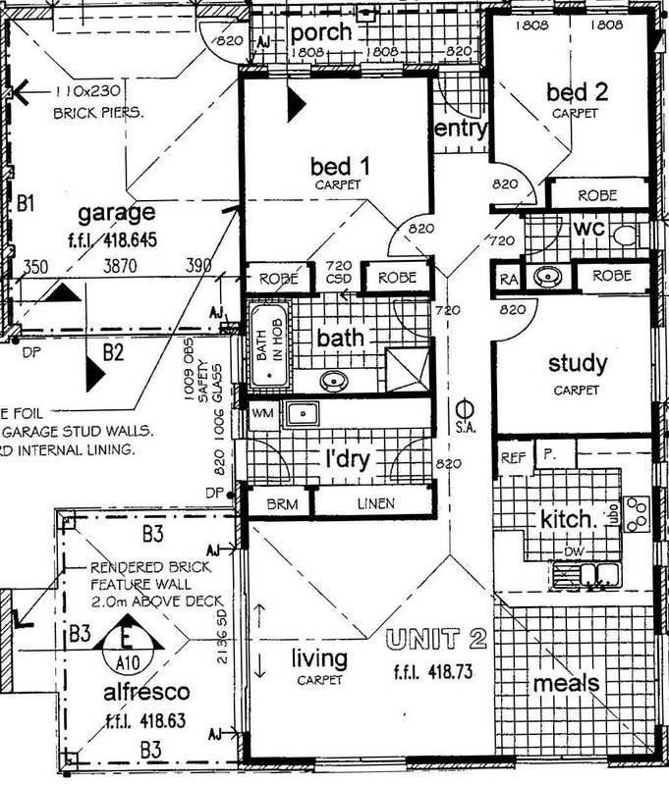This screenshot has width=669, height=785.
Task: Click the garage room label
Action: pyautogui.click(x=117, y=213)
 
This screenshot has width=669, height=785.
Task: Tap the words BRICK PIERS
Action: pyautogui.click(x=99, y=113)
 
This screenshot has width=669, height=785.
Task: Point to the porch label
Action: pyautogui.click(x=322, y=32)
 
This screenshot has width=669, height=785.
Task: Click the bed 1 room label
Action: pyautogui.click(x=337, y=163)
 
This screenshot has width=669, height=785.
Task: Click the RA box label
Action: pyautogui.click(x=508, y=279)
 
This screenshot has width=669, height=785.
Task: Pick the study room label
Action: pyautogui.click(x=578, y=364)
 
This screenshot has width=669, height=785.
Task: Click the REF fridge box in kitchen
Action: pyautogui.click(x=513, y=456)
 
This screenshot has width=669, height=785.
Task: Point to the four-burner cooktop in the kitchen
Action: pyautogui.click(x=638, y=511)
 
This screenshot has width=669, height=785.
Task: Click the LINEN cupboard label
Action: pyautogui.click(x=374, y=503)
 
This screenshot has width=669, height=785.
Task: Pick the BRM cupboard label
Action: pyautogui.click(x=276, y=503)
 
